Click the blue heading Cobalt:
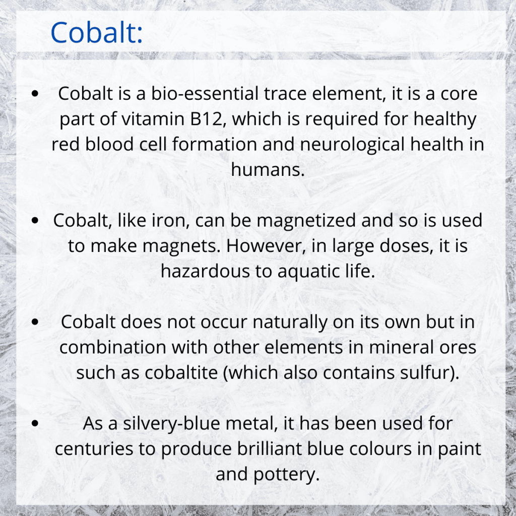(x=97, y=32)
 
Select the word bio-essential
(x=205, y=93)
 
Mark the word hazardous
(x=206, y=271)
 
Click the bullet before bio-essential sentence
(x=35, y=94)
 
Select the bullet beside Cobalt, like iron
(x=35, y=221)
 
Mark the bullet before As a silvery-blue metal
(x=35, y=423)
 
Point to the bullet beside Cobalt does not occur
(x=35, y=322)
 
